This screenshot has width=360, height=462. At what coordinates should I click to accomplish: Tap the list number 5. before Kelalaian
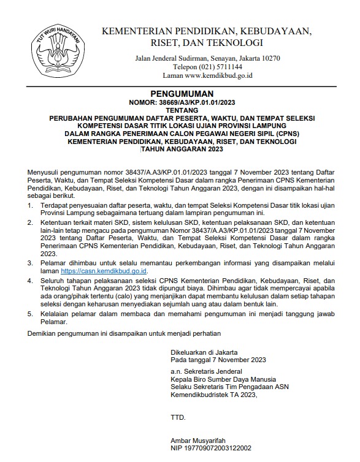click(31, 314)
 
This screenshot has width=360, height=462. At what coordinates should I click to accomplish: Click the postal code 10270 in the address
click(269, 58)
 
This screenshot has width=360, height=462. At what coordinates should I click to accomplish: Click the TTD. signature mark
click(178, 418)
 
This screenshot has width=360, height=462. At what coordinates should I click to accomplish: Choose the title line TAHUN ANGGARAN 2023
click(180, 150)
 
